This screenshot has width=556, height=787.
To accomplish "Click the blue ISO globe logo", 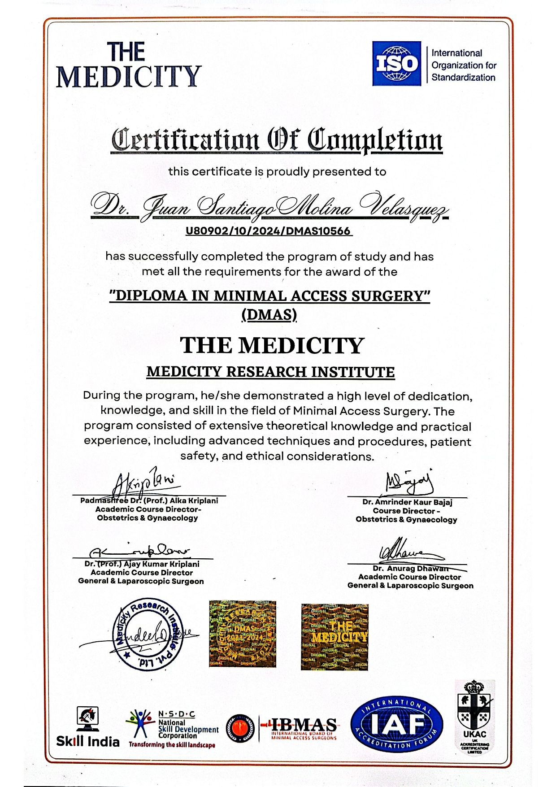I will (396, 63).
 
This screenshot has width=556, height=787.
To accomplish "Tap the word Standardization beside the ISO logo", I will (463, 78).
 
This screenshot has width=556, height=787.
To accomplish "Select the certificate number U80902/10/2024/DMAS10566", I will (268, 231).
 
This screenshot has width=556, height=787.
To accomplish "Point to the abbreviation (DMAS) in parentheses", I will (269, 315).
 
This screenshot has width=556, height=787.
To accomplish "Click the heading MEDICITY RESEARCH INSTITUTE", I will (270, 372).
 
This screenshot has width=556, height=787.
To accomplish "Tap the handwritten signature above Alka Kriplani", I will (143, 483).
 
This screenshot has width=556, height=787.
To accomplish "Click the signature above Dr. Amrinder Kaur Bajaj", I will (409, 482).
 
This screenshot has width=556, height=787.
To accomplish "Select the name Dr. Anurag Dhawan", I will (410, 568).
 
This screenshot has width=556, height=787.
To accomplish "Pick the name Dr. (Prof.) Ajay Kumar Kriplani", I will (142, 564).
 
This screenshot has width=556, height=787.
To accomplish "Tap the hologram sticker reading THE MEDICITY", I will (334, 636).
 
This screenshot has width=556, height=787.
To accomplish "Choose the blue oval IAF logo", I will (396, 725).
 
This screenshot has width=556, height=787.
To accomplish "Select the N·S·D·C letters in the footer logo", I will (177, 714).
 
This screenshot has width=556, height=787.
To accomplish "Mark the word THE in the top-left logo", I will (126, 52).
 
